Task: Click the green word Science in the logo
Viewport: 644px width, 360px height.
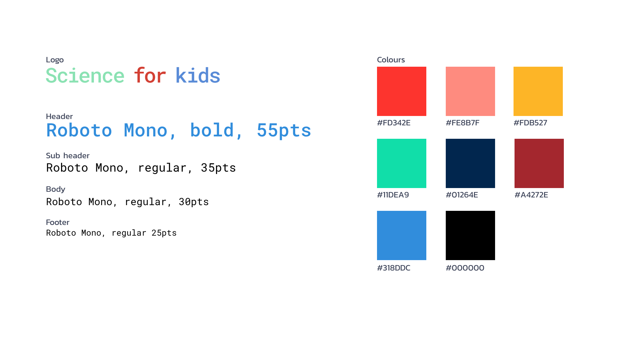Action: pos(85,75)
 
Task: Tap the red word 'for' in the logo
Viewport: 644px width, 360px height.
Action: pos(150,75)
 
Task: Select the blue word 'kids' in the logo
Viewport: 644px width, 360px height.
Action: pos(198,75)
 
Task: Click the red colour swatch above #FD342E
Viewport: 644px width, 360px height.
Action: pos(401,91)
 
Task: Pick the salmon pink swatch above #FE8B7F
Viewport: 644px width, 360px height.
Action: pos(470,91)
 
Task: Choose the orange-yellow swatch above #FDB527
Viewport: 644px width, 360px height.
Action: pos(538,91)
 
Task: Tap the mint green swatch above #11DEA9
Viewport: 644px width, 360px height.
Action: pos(401,163)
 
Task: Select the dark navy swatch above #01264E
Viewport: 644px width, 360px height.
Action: pos(470,163)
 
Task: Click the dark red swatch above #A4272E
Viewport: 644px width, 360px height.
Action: pos(539,163)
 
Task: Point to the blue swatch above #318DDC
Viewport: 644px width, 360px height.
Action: pos(401,235)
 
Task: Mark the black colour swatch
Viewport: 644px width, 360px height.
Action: pos(470,235)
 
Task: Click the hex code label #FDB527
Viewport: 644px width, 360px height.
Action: pos(530,123)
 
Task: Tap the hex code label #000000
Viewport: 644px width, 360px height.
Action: pos(465,268)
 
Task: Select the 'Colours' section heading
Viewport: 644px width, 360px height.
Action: pos(391,60)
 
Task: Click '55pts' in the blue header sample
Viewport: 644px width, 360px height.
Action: pos(284,130)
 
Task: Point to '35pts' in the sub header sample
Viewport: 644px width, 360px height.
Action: pos(218,168)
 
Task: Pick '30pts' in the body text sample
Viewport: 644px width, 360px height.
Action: pos(194,202)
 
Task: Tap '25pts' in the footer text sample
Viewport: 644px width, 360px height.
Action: pos(164,233)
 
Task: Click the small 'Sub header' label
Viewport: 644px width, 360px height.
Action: pos(68,156)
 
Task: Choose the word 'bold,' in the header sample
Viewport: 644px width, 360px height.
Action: pos(216,130)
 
